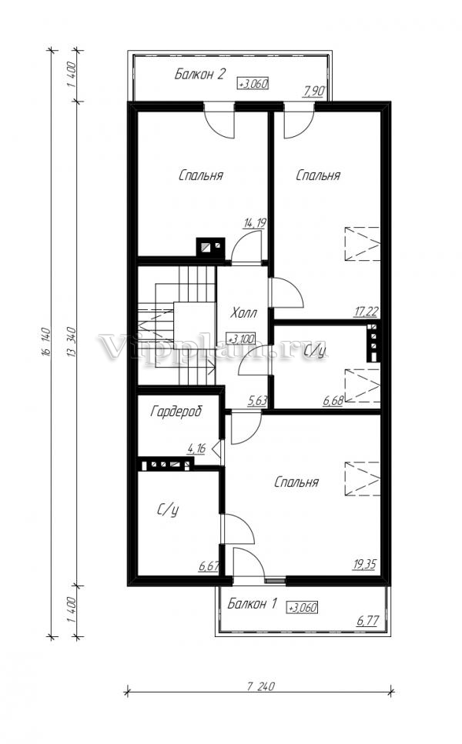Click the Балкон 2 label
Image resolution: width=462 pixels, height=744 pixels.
click(200, 74)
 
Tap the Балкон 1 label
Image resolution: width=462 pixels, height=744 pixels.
click(252, 603)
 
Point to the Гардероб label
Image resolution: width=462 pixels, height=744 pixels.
click(176, 411)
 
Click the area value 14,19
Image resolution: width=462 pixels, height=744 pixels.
click(255, 223)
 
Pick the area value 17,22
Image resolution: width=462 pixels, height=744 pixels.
click(366, 312)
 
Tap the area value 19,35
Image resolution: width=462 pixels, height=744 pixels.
click(365, 564)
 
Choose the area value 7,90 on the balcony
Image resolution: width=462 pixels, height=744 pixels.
click(313, 91)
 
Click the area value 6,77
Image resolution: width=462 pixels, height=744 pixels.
click(367, 621)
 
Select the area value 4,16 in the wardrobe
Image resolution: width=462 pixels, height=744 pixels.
click(196, 449)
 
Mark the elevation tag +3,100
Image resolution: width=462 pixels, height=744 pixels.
click(241, 339)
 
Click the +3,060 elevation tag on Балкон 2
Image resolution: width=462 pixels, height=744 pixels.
click(253, 84)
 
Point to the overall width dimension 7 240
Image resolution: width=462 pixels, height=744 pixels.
click(261, 686)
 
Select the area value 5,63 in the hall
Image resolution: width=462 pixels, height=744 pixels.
click(257, 402)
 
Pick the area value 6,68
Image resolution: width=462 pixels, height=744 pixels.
click(333, 402)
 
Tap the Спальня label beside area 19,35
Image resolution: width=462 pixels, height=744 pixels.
click(296, 482)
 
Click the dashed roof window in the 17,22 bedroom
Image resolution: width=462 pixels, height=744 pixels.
click(363, 244)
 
